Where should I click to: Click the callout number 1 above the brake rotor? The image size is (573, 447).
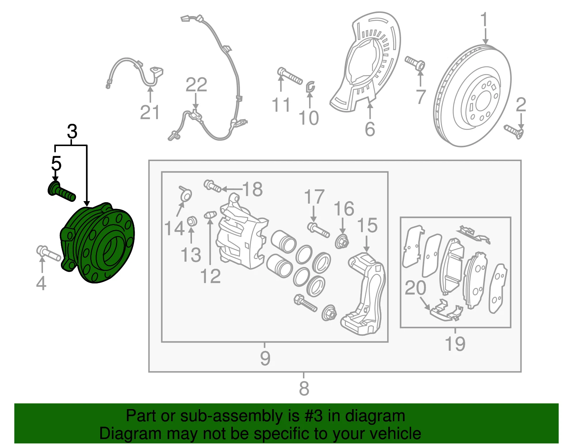tap(484, 19)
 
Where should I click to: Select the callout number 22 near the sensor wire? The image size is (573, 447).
tap(196, 84)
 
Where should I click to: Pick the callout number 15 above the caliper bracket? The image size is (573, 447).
tap(367, 225)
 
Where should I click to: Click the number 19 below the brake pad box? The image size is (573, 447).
tap(455, 343)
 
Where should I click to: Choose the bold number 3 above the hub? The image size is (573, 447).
tap(72, 131)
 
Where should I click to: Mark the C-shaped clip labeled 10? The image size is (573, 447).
tap(310, 87)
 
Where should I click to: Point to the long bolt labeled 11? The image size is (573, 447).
tap(290, 76)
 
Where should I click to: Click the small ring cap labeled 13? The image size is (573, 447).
tap(192, 221)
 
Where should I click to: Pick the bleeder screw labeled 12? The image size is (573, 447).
tap(210, 215)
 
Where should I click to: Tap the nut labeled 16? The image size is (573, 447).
tap(342, 242)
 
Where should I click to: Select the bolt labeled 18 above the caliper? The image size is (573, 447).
tap(212, 186)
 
